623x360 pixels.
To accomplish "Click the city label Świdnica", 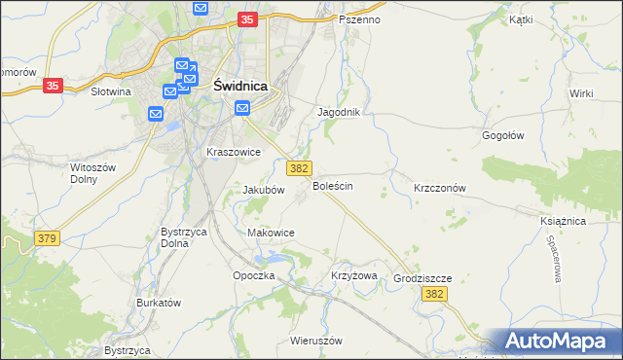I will click(x=239, y=85).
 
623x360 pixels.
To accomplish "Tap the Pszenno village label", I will click(x=359, y=19).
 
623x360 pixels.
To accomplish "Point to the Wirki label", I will click(x=582, y=92).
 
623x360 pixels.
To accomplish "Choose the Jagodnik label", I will click(x=339, y=112).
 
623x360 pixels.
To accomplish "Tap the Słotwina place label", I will click(x=110, y=91).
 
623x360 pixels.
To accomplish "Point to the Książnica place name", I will click(x=563, y=221).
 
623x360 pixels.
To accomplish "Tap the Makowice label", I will click(x=272, y=233).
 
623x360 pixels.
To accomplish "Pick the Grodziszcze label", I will click(x=422, y=277).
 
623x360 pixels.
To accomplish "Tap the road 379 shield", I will click(x=46, y=238).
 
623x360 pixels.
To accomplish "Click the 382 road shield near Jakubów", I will click(x=299, y=167).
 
